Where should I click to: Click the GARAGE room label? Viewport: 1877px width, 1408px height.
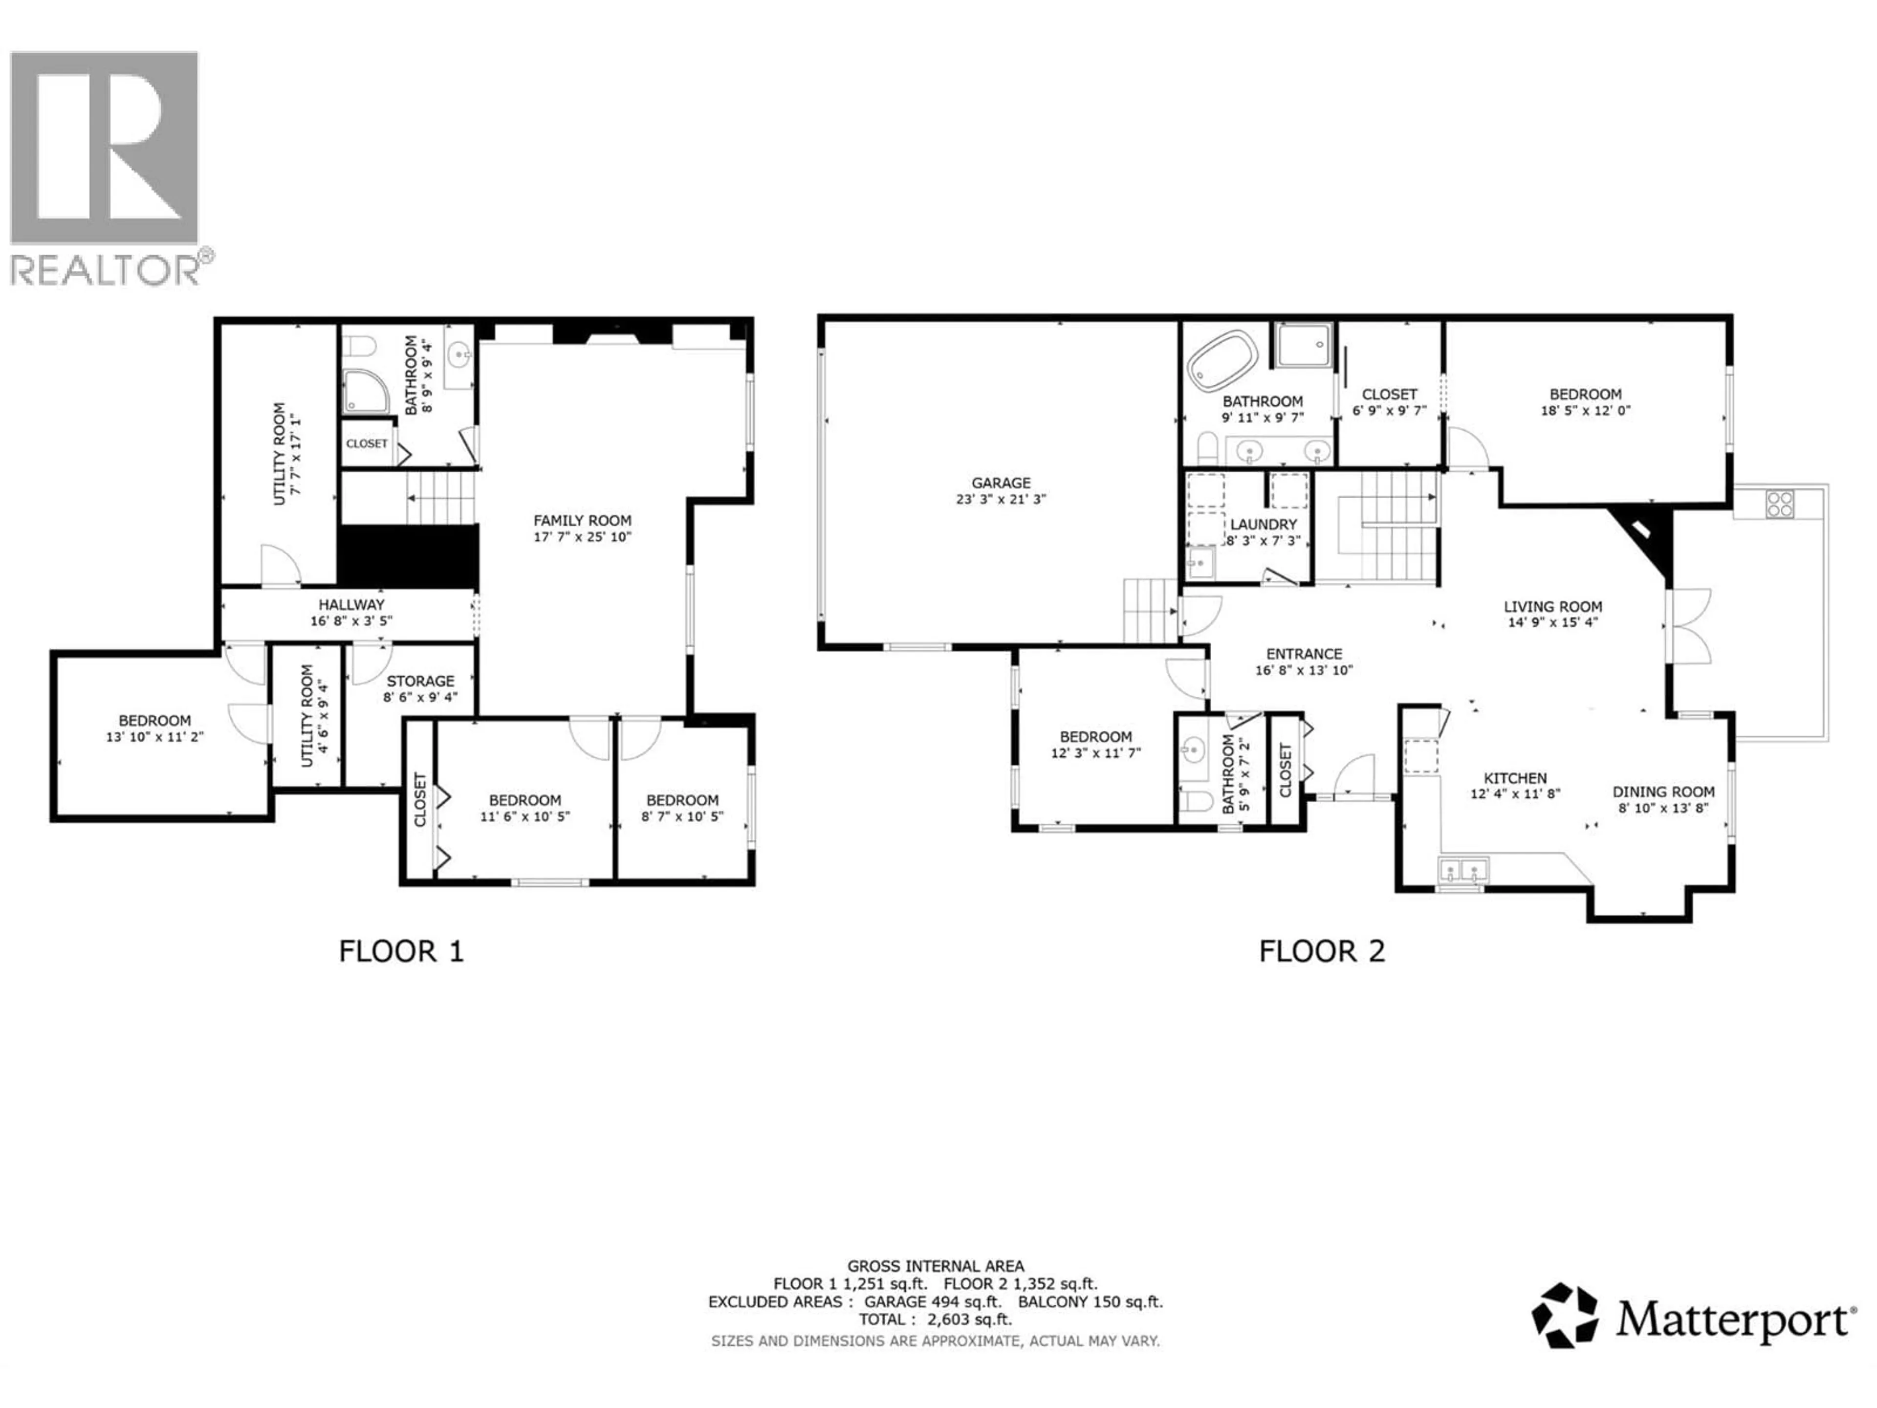click(x=1001, y=483)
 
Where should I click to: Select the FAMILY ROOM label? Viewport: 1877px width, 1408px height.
click(x=582, y=520)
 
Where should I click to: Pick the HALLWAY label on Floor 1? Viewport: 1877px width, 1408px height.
click(x=351, y=604)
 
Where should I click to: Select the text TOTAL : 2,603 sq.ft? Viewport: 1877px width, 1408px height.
click(x=935, y=1320)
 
